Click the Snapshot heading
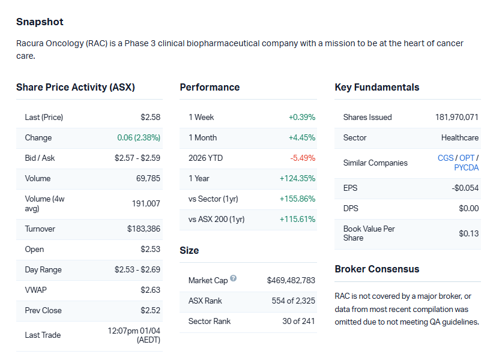40,22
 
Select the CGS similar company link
446,158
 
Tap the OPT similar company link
467,158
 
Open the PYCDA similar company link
466,167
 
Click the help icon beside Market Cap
233,279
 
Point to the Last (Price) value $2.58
150,117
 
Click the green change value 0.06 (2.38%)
139,137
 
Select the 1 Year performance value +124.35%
297,178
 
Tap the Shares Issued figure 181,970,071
456,117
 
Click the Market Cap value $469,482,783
291,280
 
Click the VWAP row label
35,290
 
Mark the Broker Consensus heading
377,269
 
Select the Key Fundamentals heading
377,87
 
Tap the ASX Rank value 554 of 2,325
293,301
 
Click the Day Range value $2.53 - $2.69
138,269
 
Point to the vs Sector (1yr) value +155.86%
297,199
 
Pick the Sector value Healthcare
459,137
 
